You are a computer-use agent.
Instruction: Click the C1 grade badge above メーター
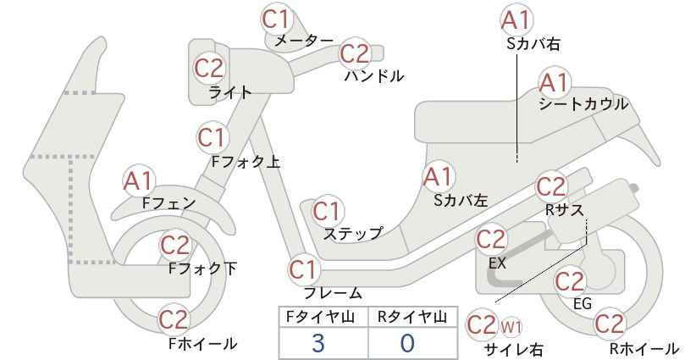coord(276,19)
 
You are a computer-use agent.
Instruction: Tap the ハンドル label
coord(374,76)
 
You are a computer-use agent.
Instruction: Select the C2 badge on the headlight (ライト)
coord(209,69)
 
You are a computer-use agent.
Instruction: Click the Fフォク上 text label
coord(246,161)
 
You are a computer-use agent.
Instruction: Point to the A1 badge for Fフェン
coord(139,180)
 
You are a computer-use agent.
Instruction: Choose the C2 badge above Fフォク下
coord(175,245)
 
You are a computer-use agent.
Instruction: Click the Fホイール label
coord(203,344)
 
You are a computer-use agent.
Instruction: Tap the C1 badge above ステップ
coord(329,212)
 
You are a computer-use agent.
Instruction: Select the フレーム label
coord(333,293)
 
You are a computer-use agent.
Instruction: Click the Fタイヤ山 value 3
coord(318,343)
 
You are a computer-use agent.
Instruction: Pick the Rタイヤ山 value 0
coord(407,343)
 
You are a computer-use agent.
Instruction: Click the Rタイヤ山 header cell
coord(412,317)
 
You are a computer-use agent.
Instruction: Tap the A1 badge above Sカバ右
coord(516,21)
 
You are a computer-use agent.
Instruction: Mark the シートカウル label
coord(583,104)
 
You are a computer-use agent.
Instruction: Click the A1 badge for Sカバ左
coord(438,177)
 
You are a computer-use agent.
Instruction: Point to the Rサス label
coord(564,210)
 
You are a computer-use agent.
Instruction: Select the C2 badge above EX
coord(491,241)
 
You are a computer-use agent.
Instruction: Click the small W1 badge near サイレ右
coord(511,328)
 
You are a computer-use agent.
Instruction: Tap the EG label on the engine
coord(583,303)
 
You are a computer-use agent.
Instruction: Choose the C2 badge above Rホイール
coord(609,324)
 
